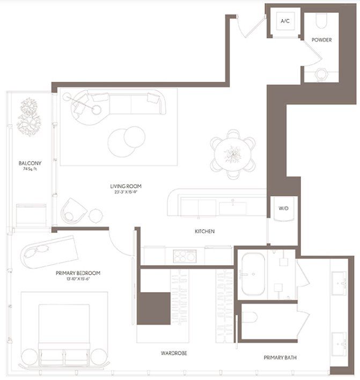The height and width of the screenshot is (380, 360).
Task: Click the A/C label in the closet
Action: click(284, 21)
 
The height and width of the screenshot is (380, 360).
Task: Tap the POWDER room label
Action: click(321, 40)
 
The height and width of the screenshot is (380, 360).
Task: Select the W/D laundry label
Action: click(284, 208)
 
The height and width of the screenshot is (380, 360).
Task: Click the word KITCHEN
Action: click(204, 231)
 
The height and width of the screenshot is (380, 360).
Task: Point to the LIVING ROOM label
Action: click(126, 186)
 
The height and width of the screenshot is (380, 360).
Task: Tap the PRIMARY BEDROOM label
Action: click(78, 273)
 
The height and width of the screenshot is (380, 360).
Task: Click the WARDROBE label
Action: click(174, 353)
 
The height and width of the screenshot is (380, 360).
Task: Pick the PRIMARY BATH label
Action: click(281, 357)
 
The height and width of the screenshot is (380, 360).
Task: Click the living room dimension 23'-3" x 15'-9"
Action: click(126, 192)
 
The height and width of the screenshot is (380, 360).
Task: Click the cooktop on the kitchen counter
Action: click(184, 256)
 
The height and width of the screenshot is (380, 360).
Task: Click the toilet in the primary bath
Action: click(250, 317)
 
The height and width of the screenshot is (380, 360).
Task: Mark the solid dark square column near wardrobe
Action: click(153, 308)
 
